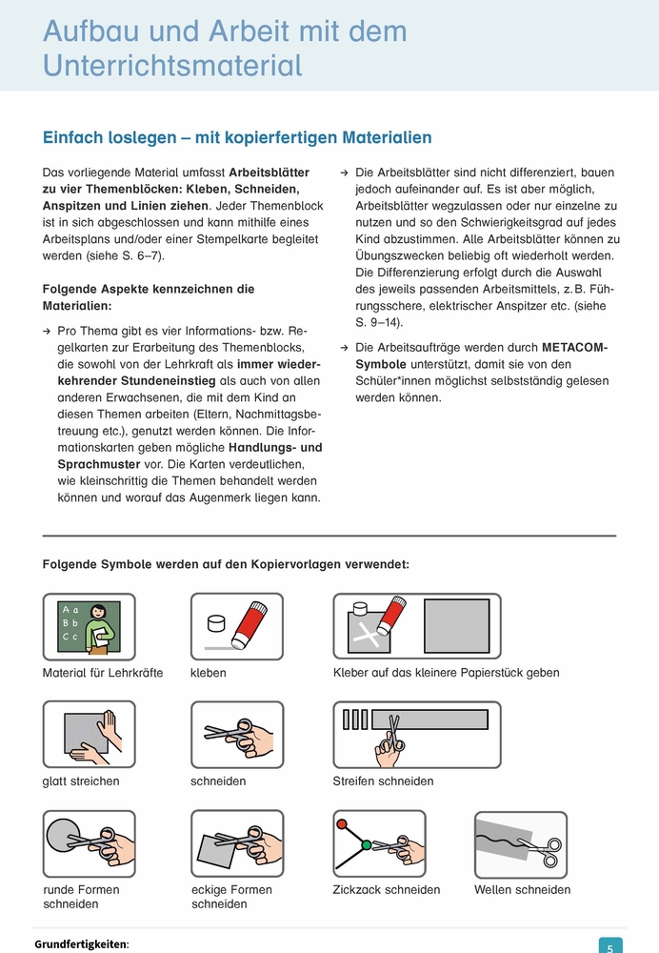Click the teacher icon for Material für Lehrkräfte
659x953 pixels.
click(90, 626)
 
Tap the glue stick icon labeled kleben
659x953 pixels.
click(237, 626)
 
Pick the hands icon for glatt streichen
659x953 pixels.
click(90, 735)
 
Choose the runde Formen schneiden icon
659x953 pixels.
click(90, 843)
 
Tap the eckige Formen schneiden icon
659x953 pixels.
click(237, 843)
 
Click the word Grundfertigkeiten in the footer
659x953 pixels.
click(80, 944)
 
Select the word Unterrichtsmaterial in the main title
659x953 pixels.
click(172, 65)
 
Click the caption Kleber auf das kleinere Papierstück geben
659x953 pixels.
click(446, 673)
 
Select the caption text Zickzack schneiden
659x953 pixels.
click(387, 890)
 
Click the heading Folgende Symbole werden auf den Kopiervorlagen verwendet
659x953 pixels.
click(226, 564)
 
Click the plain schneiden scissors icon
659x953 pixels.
click(237, 735)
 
